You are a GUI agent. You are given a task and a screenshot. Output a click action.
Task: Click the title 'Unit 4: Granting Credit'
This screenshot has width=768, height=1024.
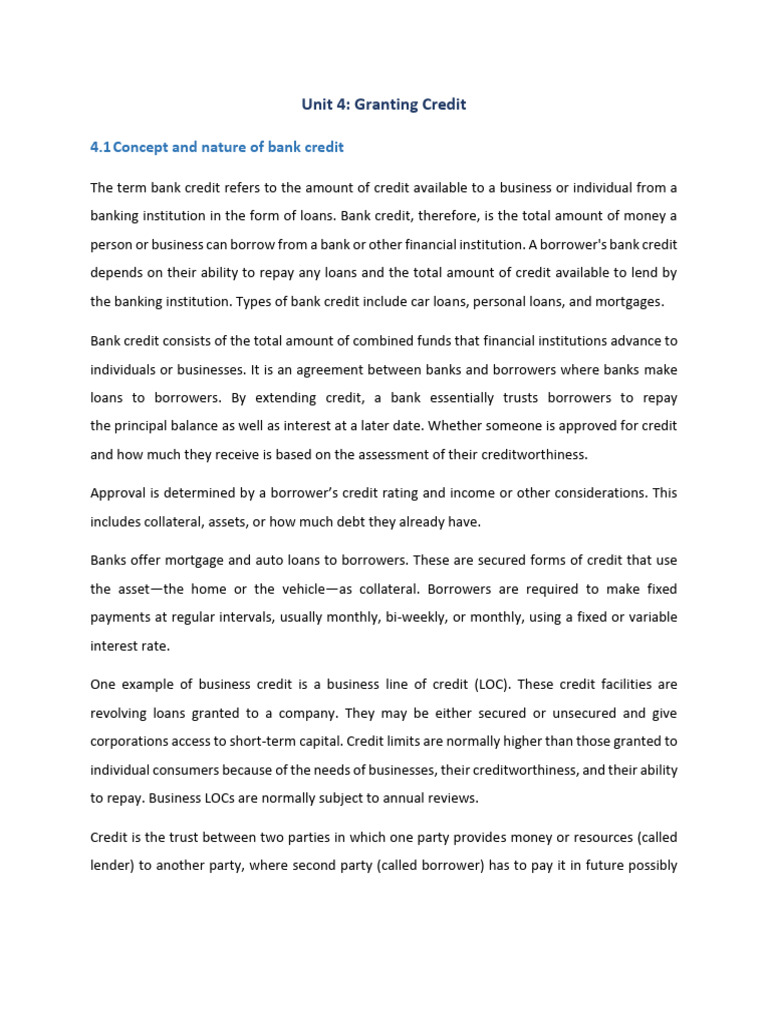point(384,104)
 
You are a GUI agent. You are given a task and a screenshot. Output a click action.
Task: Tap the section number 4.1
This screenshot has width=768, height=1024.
point(100,147)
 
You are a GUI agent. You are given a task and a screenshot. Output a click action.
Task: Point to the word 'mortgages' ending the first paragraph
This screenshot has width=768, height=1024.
point(642,301)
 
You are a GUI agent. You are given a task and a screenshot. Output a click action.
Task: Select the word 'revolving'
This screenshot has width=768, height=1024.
point(121,713)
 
